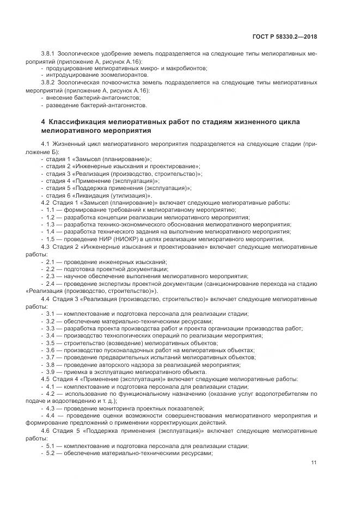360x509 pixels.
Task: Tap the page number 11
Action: click(x=314, y=462)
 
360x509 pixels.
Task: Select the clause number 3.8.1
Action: click(x=50, y=54)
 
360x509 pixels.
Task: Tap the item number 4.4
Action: click(x=52, y=415)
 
